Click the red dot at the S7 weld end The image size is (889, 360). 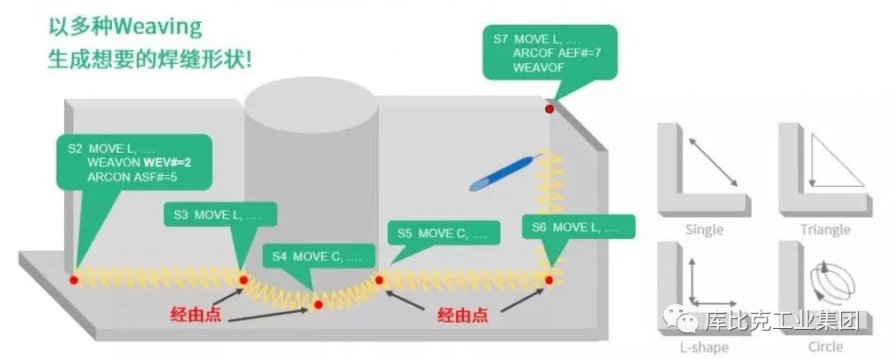tap(549, 108)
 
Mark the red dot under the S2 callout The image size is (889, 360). tap(74, 280)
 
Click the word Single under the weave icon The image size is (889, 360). tap(704, 230)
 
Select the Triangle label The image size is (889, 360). tap(825, 230)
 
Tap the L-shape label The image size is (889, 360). tap(704, 347)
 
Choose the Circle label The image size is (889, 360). tap(826, 347)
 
